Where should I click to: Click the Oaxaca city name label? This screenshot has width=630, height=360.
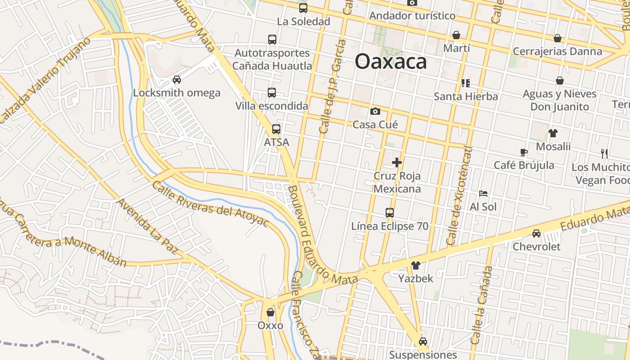[x=391, y=61]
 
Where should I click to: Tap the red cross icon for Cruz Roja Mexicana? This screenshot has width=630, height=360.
[x=397, y=162]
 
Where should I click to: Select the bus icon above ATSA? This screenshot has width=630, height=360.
[x=276, y=129]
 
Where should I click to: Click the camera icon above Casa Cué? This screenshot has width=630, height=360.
[x=375, y=112]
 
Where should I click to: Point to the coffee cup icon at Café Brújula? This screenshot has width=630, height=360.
[x=523, y=152]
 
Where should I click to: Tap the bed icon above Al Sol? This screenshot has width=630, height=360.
[x=483, y=193]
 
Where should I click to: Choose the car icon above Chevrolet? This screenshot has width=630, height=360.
[x=536, y=234]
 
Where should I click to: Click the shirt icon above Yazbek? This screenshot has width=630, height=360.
[x=415, y=265]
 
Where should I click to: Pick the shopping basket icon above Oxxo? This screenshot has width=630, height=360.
[x=270, y=312]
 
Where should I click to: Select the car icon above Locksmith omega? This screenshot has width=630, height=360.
[x=177, y=80]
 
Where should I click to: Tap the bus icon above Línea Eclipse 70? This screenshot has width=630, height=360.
[x=390, y=213]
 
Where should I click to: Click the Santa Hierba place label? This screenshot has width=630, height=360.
[x=466, y=96]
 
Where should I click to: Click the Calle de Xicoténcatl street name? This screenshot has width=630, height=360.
[x=460, y=197]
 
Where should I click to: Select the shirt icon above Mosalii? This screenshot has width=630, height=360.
[x=553, y=133]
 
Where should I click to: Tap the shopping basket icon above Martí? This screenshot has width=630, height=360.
[x=456, y=35]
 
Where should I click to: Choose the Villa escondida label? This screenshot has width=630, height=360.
[x=272, y=106]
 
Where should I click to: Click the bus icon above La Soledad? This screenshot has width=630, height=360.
[x=303, y=8]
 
